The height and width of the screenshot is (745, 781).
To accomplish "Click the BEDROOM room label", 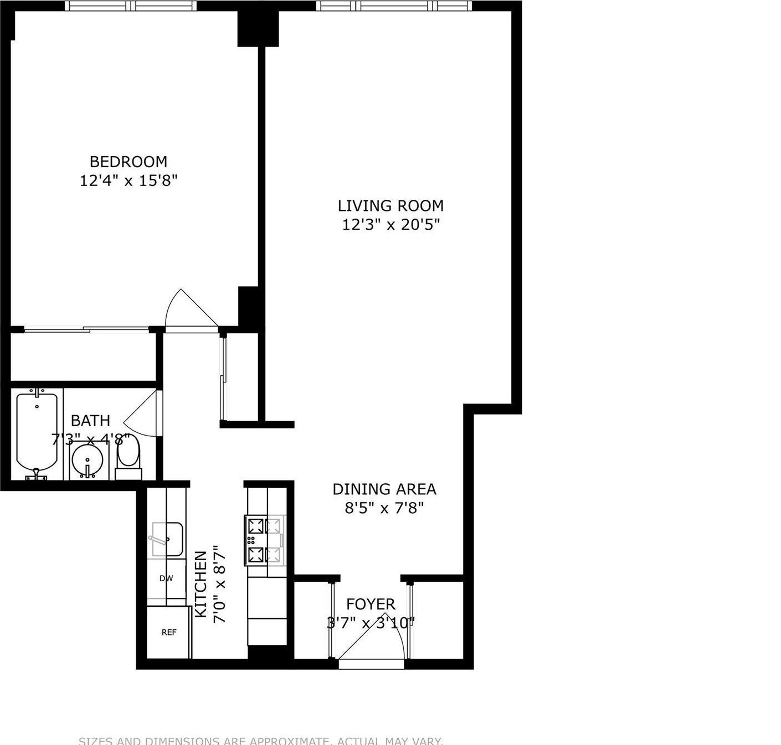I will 128,162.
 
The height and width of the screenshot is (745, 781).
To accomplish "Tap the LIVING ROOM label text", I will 390,206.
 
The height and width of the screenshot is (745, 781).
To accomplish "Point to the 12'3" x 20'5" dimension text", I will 390,225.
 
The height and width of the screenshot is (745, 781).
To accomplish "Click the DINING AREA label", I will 384,489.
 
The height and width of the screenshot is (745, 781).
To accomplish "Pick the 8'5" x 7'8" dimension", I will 384,508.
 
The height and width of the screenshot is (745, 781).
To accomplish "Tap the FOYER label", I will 371,604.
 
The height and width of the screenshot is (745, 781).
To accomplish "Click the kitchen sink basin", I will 167,539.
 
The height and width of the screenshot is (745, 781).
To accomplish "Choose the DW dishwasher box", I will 166,579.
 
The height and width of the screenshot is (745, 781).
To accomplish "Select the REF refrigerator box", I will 168,632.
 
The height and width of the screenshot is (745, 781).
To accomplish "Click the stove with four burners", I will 265,541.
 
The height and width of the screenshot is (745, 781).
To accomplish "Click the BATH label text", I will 90,421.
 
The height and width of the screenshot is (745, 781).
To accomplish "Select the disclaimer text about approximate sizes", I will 260,741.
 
